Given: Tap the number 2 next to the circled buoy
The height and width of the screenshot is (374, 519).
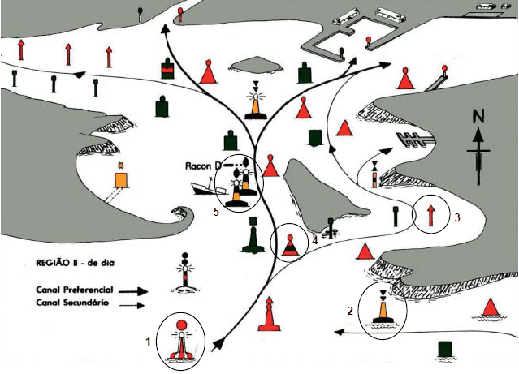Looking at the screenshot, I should click(x=350, y=311).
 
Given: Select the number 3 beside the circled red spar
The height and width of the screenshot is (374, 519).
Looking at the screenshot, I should click(x=457, y=217).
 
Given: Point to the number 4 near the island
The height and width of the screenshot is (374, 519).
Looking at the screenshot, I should click(x=314, y=239).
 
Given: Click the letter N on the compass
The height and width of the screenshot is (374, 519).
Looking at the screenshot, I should click(x=478, y=116).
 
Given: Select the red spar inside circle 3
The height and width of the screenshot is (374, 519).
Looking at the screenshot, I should click(x=430, y=216).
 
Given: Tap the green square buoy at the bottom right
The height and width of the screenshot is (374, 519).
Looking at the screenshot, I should click(x=444, y=350).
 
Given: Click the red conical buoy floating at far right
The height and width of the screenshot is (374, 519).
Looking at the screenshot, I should click(x=490, y=307).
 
